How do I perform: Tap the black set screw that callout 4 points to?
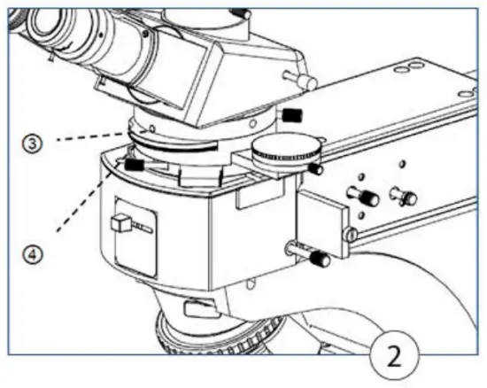135,164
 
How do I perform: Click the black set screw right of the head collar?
291,116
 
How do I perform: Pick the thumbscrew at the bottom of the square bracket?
318,260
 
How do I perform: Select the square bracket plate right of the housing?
318,218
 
